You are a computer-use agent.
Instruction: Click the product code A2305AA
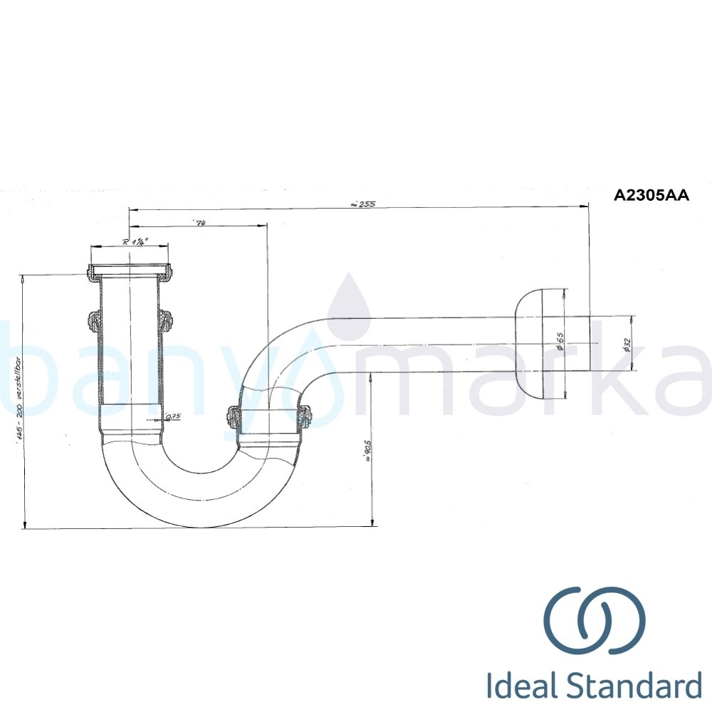pyautogui.click(x=651, y=195)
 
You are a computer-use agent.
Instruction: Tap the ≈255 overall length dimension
pyautogui.click(x=362, y=204)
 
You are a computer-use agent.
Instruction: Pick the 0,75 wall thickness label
pyautogui.click(x=172, y=417)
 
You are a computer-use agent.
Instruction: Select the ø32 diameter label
pyautogui.click(x=626, y=344)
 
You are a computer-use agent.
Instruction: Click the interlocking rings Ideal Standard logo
pyautogui.click(x=595, y=620)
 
